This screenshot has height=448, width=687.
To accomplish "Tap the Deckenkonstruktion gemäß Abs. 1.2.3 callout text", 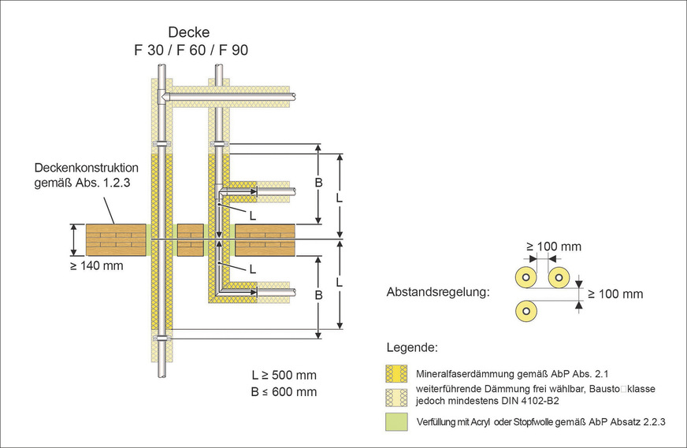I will [x=87, y=176].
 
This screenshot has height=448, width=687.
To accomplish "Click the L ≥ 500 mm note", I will [x=284, y=375].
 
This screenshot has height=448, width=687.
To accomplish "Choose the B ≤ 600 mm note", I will [x=284, y=391].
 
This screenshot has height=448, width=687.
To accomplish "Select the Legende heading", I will [x=413, y=347].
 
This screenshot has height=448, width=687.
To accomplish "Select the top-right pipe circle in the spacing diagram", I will [x=559, y=277].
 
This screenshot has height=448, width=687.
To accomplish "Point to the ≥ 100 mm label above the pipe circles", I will [x=553, y=246].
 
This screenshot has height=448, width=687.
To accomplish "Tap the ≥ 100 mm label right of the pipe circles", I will [x=616, y=294].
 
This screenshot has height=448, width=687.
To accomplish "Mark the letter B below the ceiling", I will [x=318, y=294].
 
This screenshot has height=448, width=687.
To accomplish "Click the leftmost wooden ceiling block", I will [x=117, y=240].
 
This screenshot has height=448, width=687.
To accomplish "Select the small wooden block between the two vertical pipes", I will [x=191, y=240].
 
